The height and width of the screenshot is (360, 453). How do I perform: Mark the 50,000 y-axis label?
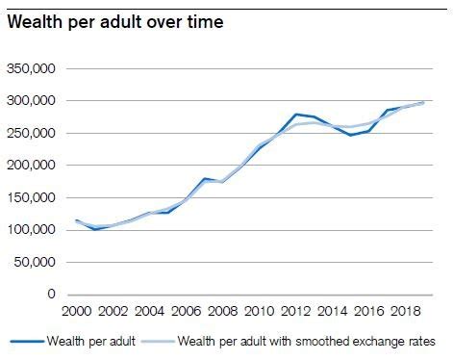click(36, 262)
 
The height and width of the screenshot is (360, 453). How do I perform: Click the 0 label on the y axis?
click(53, 295)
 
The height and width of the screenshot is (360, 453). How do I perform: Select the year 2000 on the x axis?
click(77, 313)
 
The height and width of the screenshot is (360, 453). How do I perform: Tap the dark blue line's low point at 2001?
click(94, 229)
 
